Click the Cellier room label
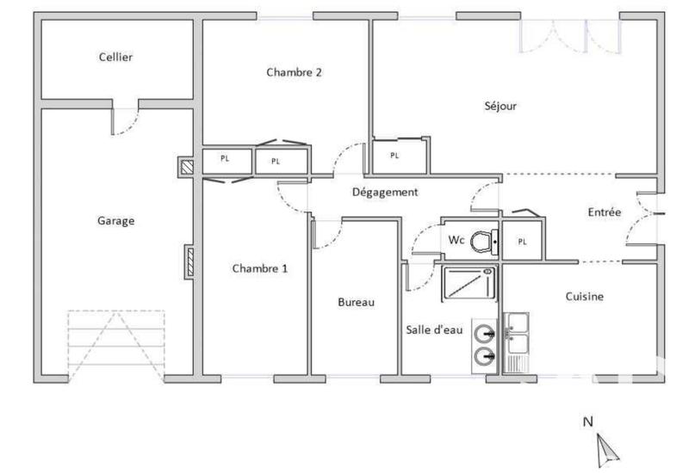[x=115, y=58]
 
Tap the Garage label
[x=115, y=221]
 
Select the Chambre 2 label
[x=294, y=73]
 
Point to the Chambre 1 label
[x=260, y=269]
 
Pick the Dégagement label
[x=385, y=193]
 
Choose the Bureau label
[x=356, y=303]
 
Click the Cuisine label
[x=584, y=297]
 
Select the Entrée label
[x=604, y=212]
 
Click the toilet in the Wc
[x=486, y=241]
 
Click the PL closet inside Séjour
[x=395, y=156]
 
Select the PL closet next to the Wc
[x=522, y=242]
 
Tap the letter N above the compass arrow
[x=589, y=422]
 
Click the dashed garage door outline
[x=115, y=344]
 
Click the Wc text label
[x=456, y=241]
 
